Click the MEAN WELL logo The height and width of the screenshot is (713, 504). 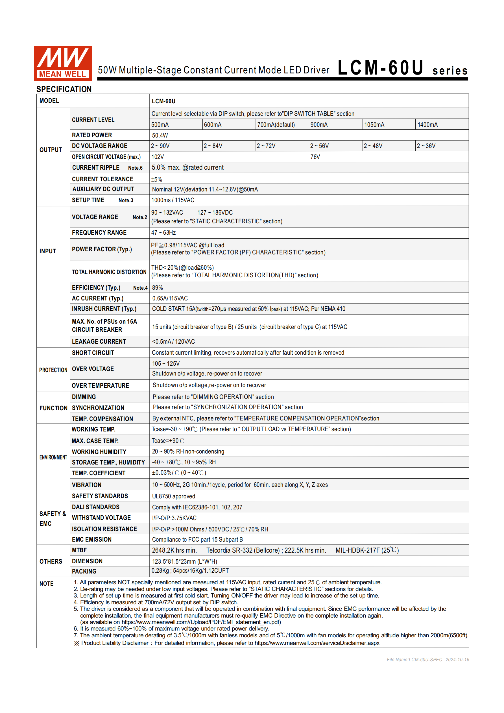pos(62,63)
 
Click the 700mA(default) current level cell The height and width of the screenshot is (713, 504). pos(276,125)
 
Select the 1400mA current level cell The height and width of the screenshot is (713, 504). pos(427,125)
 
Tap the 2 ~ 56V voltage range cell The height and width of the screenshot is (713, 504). pos(319,146)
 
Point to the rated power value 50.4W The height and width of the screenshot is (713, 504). pos(160,135)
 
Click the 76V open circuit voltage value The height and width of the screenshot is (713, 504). pos(315,157)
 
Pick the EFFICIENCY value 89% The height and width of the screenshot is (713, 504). pos(158,287)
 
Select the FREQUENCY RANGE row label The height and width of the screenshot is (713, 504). pos(99,233)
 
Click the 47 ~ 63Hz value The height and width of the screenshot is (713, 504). pos(163,233)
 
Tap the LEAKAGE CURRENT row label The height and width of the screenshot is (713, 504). pos(99,341)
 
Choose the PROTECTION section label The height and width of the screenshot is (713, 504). pos(53,370)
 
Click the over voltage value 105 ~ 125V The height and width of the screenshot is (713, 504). pos(166,363)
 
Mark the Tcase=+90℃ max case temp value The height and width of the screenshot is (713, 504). pos(168,441)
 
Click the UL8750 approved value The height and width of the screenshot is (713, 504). pos(174,496)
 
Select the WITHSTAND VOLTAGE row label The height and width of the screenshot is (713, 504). pos(101,518)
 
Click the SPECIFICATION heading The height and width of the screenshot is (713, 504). pos(64,89)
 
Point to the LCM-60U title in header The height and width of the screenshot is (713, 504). pos(380,68)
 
